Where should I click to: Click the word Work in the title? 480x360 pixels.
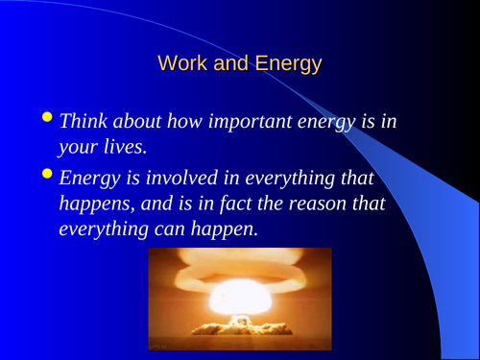tap(180, 64)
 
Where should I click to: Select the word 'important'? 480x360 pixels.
tap(253, 122)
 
